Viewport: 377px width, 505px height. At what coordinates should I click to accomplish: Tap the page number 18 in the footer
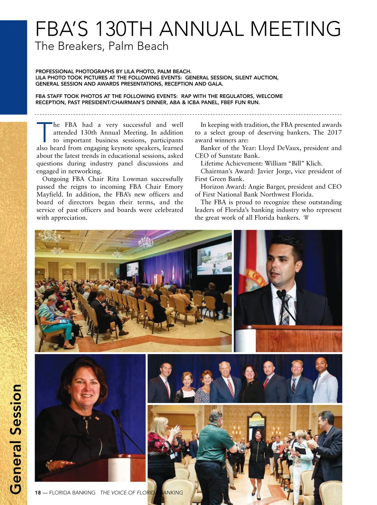click(x=38, y=492)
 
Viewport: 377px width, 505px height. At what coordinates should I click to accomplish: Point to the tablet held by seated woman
click(x=62, y=321)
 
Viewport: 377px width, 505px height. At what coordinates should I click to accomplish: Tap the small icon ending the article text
click(x=306, y=218)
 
